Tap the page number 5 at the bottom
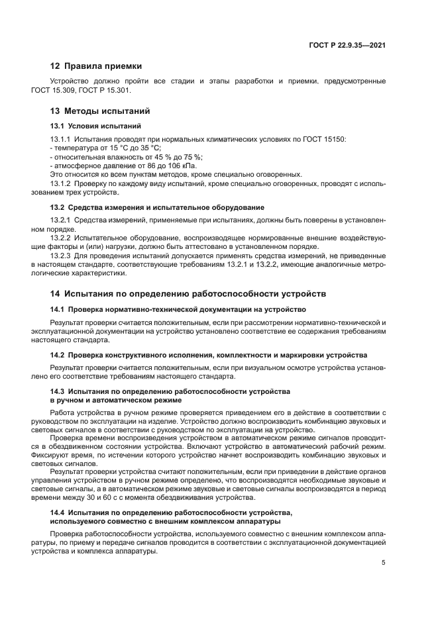384,563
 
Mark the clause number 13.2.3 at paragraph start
61,256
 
